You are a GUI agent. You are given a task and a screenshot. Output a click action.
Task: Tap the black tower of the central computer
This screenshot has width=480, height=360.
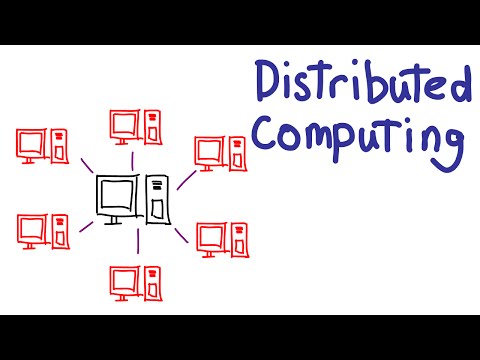tap(158, 197)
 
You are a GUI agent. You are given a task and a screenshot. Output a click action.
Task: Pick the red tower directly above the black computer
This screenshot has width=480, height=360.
tap(151, 127)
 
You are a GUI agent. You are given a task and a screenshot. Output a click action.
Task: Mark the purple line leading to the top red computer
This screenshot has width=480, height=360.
tap(132, 161)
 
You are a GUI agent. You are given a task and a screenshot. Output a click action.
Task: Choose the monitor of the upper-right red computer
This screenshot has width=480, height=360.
tap(208, 151)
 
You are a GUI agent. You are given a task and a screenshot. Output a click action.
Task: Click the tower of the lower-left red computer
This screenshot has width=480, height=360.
tap(59, 230)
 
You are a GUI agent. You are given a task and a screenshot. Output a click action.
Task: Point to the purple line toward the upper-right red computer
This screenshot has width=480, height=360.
tap(185, 181)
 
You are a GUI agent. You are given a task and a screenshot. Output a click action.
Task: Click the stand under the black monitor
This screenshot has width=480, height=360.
tap(116, 218)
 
